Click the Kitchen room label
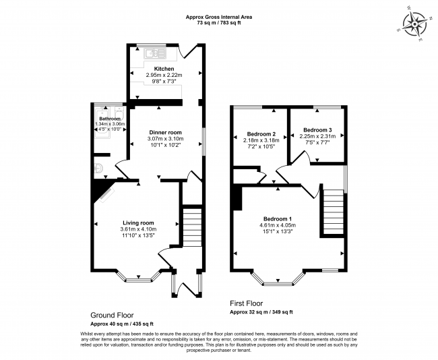point(164,69)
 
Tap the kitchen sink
point(155,53)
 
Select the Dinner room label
point(165,133)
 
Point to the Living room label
point(138,222)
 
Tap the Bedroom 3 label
point(317,130)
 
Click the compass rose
point(414,24)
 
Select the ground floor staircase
point(192,227)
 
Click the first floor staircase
point(334,212)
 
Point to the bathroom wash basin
point(98,169)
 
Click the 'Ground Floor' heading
point(112,316)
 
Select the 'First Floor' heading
point(247,303)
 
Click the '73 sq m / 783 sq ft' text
point(219,23)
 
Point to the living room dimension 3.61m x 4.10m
point(138,229)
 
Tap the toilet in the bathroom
point(119,113)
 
